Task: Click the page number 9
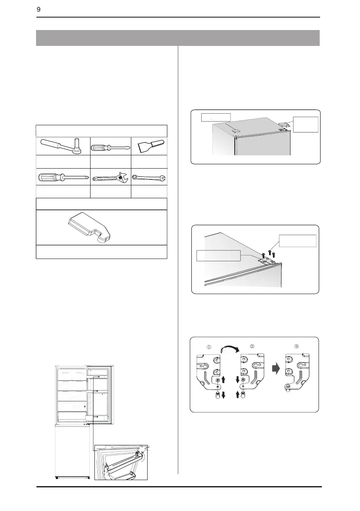coord(39,10)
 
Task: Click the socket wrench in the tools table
coord(62,146)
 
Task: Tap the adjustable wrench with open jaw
coord(110,178)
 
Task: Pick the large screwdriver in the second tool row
coord(63,177)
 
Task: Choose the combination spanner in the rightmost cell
coord(149,177)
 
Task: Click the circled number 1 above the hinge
coord(209,347)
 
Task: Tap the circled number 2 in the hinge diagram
coord(252,346)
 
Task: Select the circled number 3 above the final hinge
coord(296,346)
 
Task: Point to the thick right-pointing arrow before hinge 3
coord(276,369)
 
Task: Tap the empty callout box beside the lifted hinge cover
coord(306,124)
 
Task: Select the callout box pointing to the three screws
coord(297,241)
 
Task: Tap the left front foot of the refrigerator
coord(58,478)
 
